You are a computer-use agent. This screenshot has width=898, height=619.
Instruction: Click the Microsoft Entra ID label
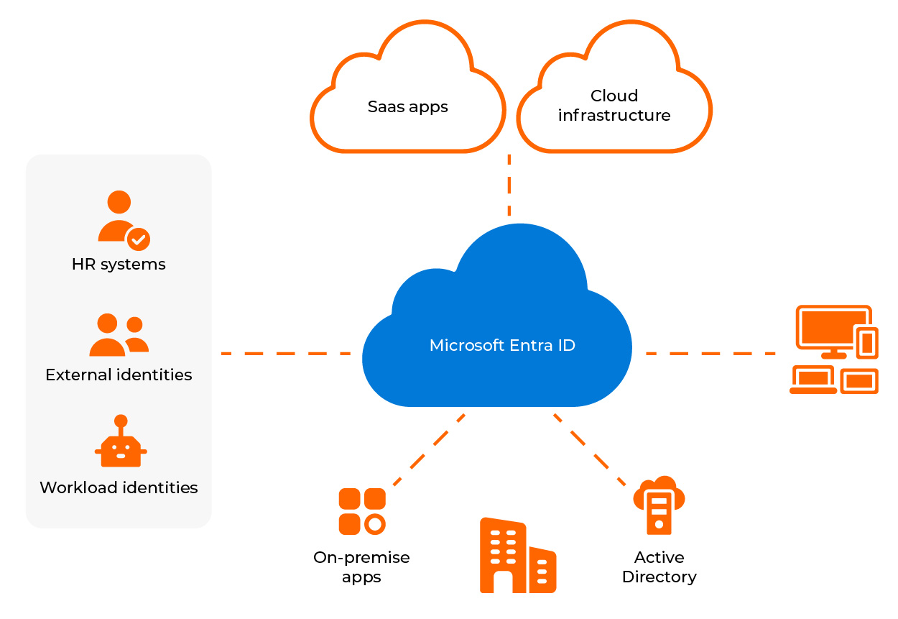coord(502,345)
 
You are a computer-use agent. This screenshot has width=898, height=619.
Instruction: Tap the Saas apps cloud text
coord(407,107)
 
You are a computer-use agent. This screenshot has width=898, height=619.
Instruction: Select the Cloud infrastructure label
coord(614,106)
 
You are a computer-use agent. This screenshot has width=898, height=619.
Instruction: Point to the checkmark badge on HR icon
coord(138,239)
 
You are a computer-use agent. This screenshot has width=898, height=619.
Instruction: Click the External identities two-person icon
coord(119,336)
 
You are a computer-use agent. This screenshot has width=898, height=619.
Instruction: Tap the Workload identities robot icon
coord(121,443)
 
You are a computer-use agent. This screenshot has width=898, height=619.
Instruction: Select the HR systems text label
coord(119,265)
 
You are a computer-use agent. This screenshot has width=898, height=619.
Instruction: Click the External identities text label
coord(119,375)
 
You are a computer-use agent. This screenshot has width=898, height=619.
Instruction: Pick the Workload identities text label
coord(119,487)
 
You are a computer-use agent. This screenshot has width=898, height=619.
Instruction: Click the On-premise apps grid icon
coord(362,511)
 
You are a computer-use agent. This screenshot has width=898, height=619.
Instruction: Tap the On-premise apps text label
coord(361,567)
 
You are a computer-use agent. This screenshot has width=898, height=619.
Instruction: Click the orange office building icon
coord(517,556)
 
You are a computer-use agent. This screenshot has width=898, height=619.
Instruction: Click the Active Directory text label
coord(659,567)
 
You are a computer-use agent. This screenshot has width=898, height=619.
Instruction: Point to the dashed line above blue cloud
coord(509,185)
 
